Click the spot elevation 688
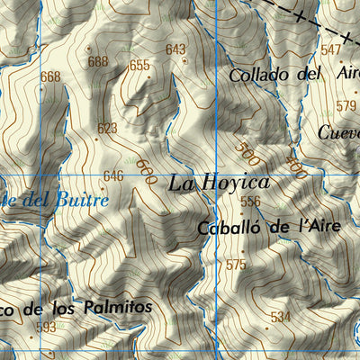coord(98,61)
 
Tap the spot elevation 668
coord(50,76)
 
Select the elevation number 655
coord(139,65)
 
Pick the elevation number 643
coord(175,49)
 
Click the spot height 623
coord(107,129)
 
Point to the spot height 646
coord(112,175)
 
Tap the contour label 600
coord(146,167)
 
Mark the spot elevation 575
coord(236,265)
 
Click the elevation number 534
coord(280,317)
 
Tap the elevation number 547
coord(331,49)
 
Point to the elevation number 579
coord(346,105)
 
